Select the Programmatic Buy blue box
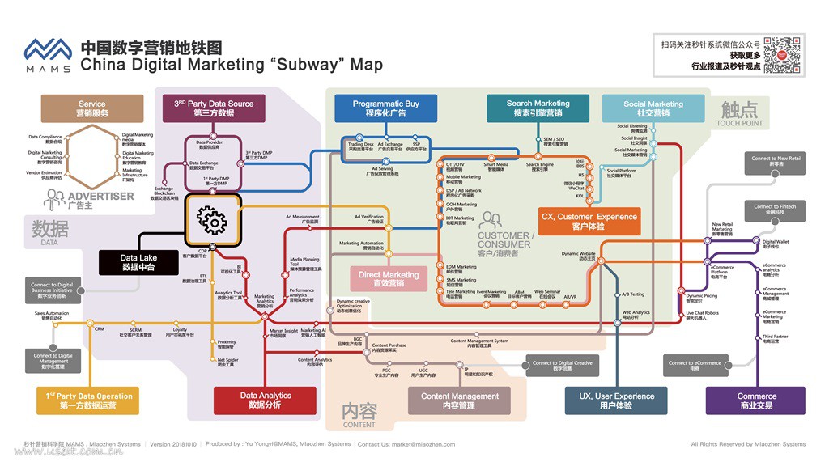pos(385,108)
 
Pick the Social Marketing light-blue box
pos(653,108)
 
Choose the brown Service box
pos(92,108)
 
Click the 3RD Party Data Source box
pos(213,108)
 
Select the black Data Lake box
pos(138,262)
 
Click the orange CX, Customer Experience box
pos(589,221)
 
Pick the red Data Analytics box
pos(265,400)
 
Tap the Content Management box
pos(459,400)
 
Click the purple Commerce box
pos(755,400)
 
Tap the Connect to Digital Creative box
pos(562,366)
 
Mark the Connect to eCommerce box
pos(694,366)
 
